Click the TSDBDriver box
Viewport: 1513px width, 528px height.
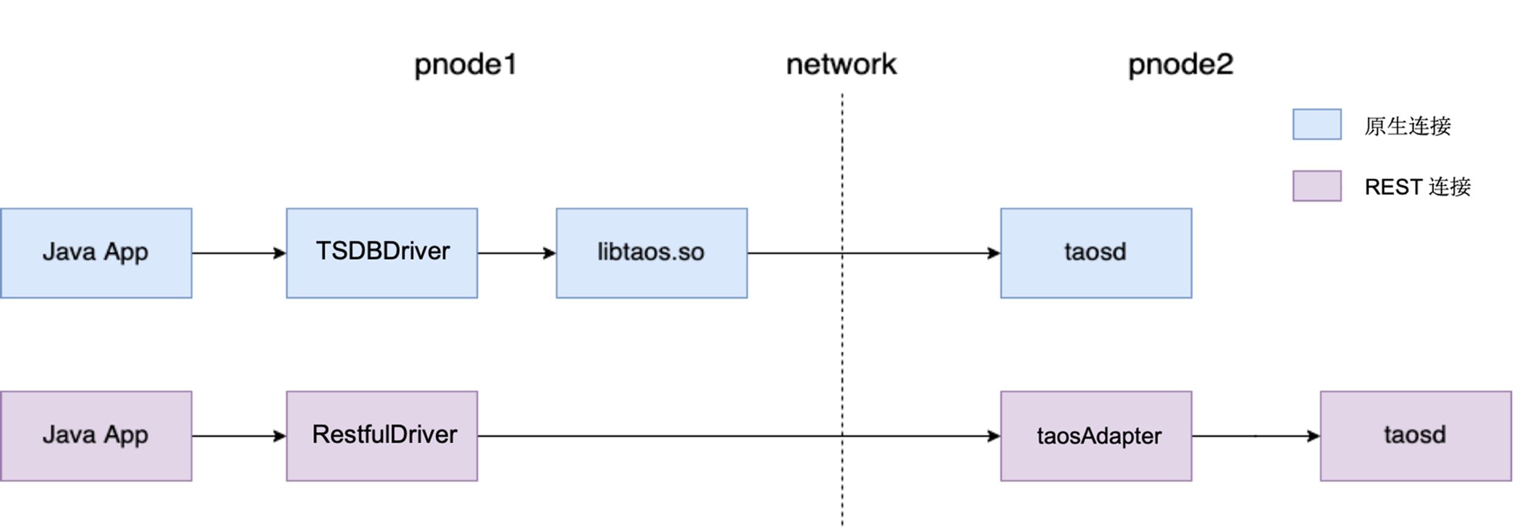coord(382,252)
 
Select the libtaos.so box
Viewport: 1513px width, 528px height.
coord(651,252)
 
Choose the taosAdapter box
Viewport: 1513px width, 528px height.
coord(1096,436)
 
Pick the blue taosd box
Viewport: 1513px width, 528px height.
coord(1096,252)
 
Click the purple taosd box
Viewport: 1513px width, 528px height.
coord(1415,435)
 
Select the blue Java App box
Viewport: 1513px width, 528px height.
coord(96,252)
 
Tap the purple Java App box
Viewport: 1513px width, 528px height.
coord(96,435)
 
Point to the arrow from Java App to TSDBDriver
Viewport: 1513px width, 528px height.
coord(239,251)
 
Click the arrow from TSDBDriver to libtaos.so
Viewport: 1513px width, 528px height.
coord(516,252)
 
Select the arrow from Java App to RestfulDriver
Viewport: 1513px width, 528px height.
coord(239,436)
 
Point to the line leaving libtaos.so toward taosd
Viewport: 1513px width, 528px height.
coord(793,251)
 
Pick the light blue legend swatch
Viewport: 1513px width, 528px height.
coord(1316,124)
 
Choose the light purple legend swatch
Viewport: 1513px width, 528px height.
coord(1316,186)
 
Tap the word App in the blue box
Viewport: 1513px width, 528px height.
coord(126,252)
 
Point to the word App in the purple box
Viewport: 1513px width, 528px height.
coord(126,435)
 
